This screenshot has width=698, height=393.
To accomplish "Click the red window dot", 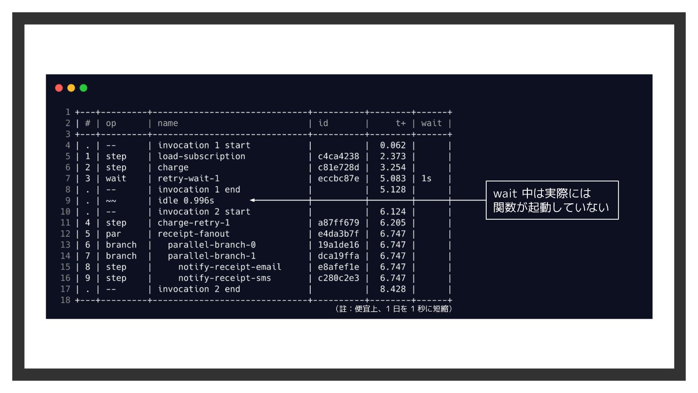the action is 59,88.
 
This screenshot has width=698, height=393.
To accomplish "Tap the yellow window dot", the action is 71,88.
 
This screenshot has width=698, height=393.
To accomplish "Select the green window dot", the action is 83,88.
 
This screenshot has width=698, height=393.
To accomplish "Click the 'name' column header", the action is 168,123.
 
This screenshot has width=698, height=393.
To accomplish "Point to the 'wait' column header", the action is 431,123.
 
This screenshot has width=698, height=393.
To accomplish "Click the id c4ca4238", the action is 338,156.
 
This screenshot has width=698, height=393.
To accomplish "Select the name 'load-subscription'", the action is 201,156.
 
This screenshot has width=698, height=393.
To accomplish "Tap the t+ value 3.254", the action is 393,167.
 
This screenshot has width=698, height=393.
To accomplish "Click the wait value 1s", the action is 426,179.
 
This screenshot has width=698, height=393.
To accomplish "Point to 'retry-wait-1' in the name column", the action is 189,179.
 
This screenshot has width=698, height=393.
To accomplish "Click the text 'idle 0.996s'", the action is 186,200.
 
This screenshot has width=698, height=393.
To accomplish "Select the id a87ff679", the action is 338,223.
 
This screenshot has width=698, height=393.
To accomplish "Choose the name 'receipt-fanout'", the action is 193,234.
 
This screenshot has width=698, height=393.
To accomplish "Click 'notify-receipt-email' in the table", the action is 230,267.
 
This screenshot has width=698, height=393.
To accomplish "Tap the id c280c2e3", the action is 338,278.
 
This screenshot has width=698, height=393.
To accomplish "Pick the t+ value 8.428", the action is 393,289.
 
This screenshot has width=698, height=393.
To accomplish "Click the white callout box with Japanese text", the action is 552,200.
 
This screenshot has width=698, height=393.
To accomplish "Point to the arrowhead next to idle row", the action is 252,200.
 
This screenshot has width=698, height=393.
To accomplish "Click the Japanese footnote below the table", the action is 394,309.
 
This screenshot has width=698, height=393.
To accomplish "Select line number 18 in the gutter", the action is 65,300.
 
